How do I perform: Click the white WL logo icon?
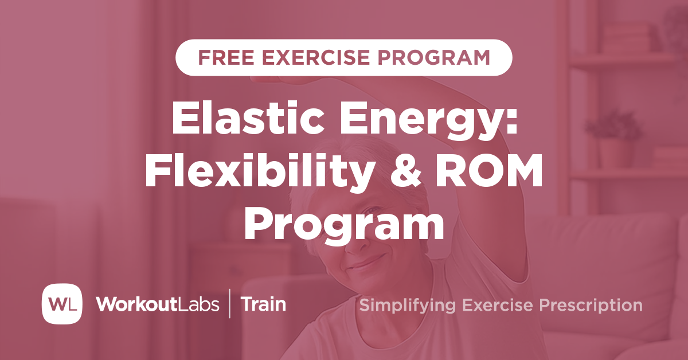pos(62,304)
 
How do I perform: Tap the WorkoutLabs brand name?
pos(157,304)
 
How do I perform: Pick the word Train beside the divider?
pos(263,304)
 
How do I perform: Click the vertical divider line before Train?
pos(230,304)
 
